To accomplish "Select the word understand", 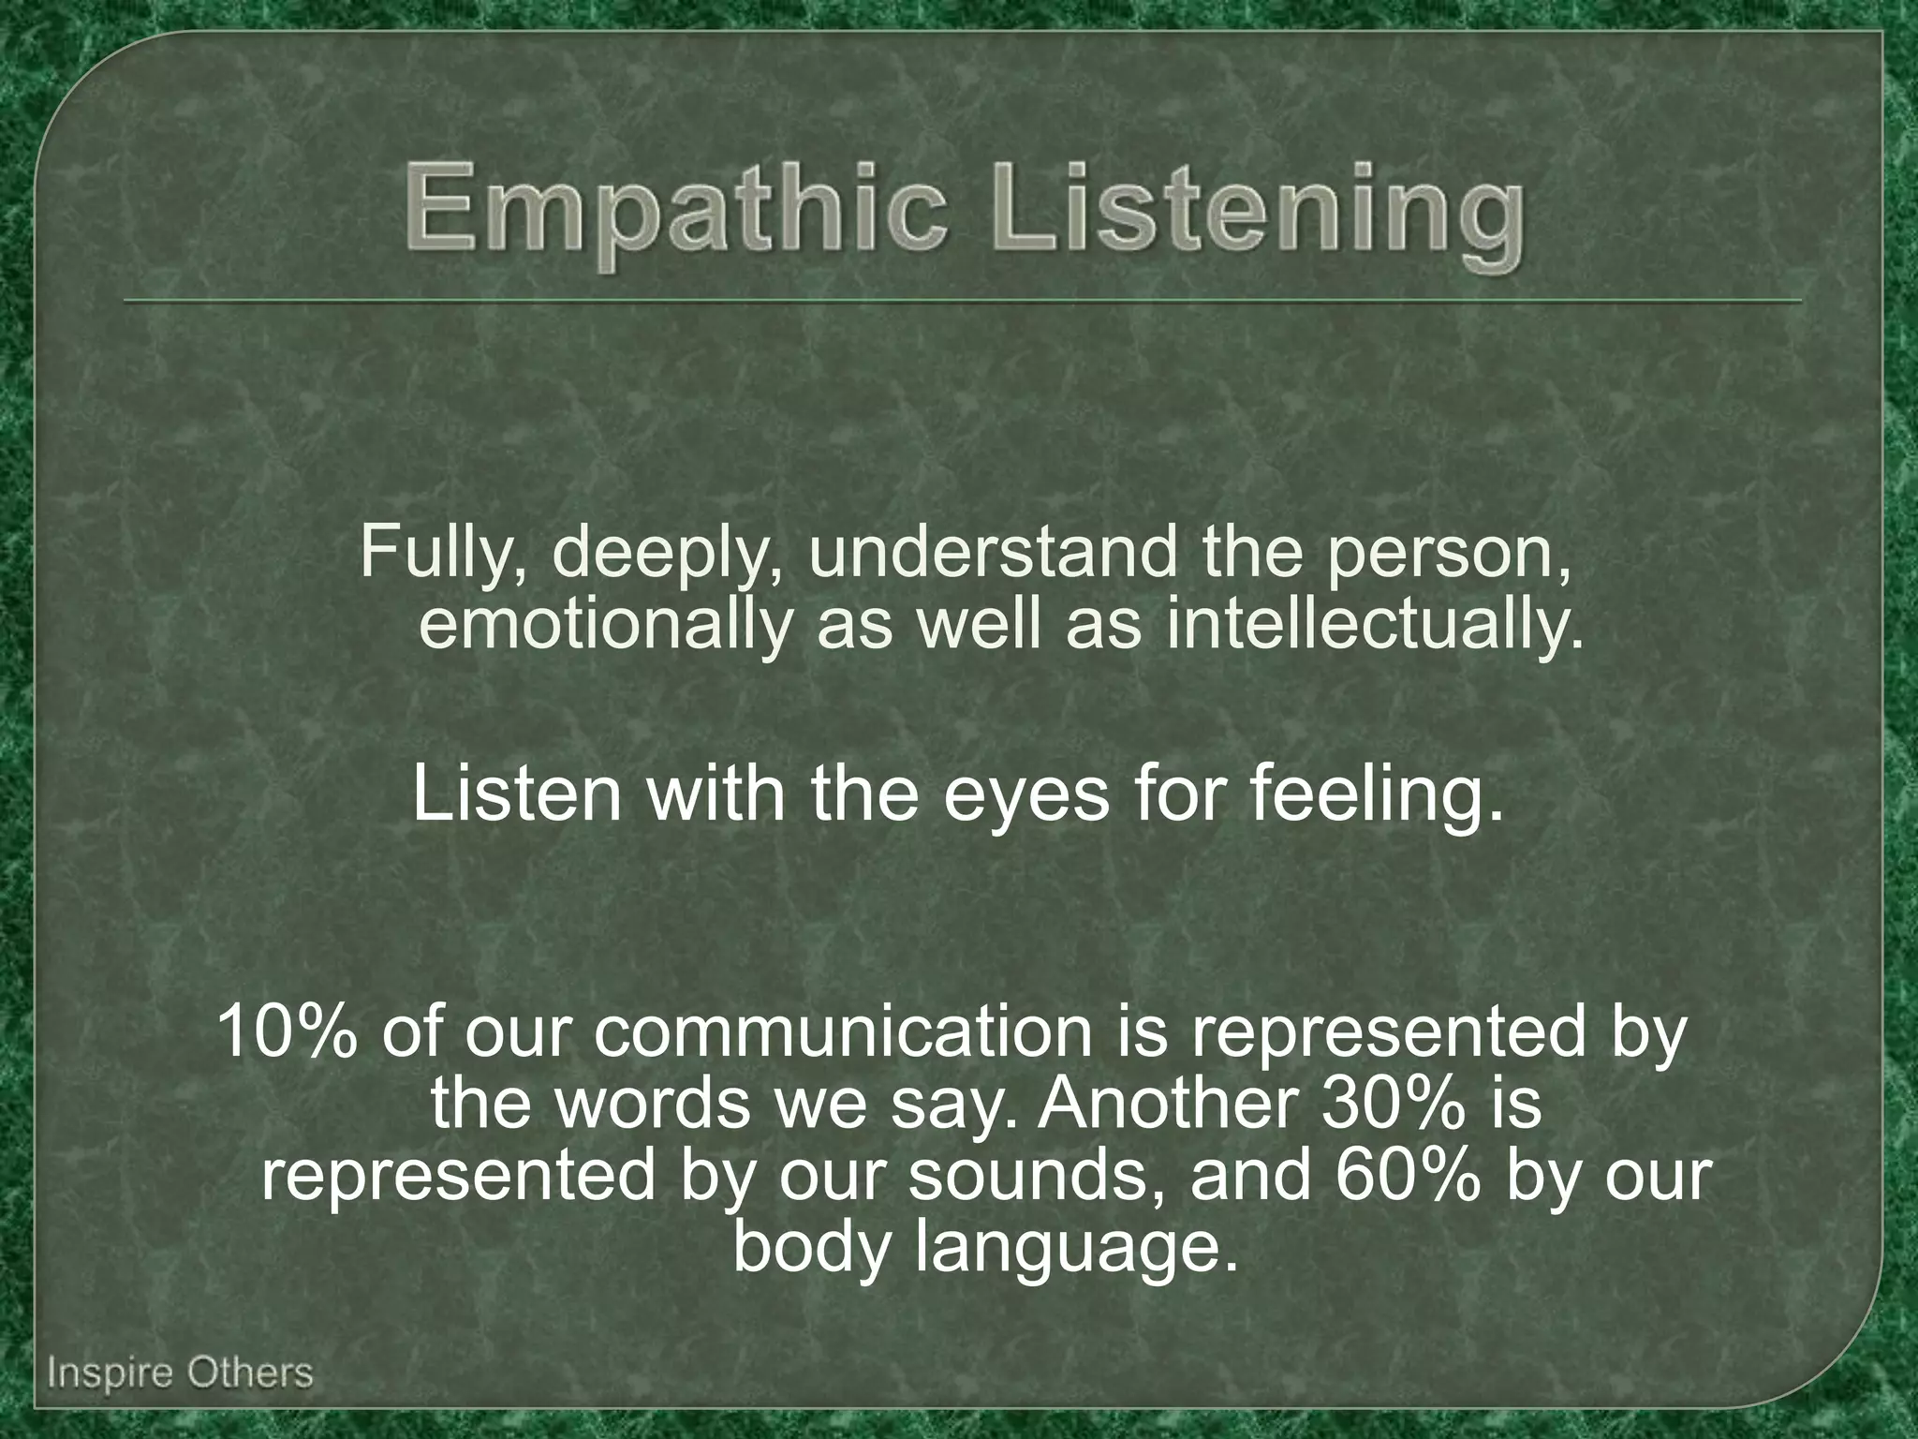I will click(x=992, y=553).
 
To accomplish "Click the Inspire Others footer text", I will click(x=180, y=1373).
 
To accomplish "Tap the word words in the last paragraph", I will click(x=653, y=1104).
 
